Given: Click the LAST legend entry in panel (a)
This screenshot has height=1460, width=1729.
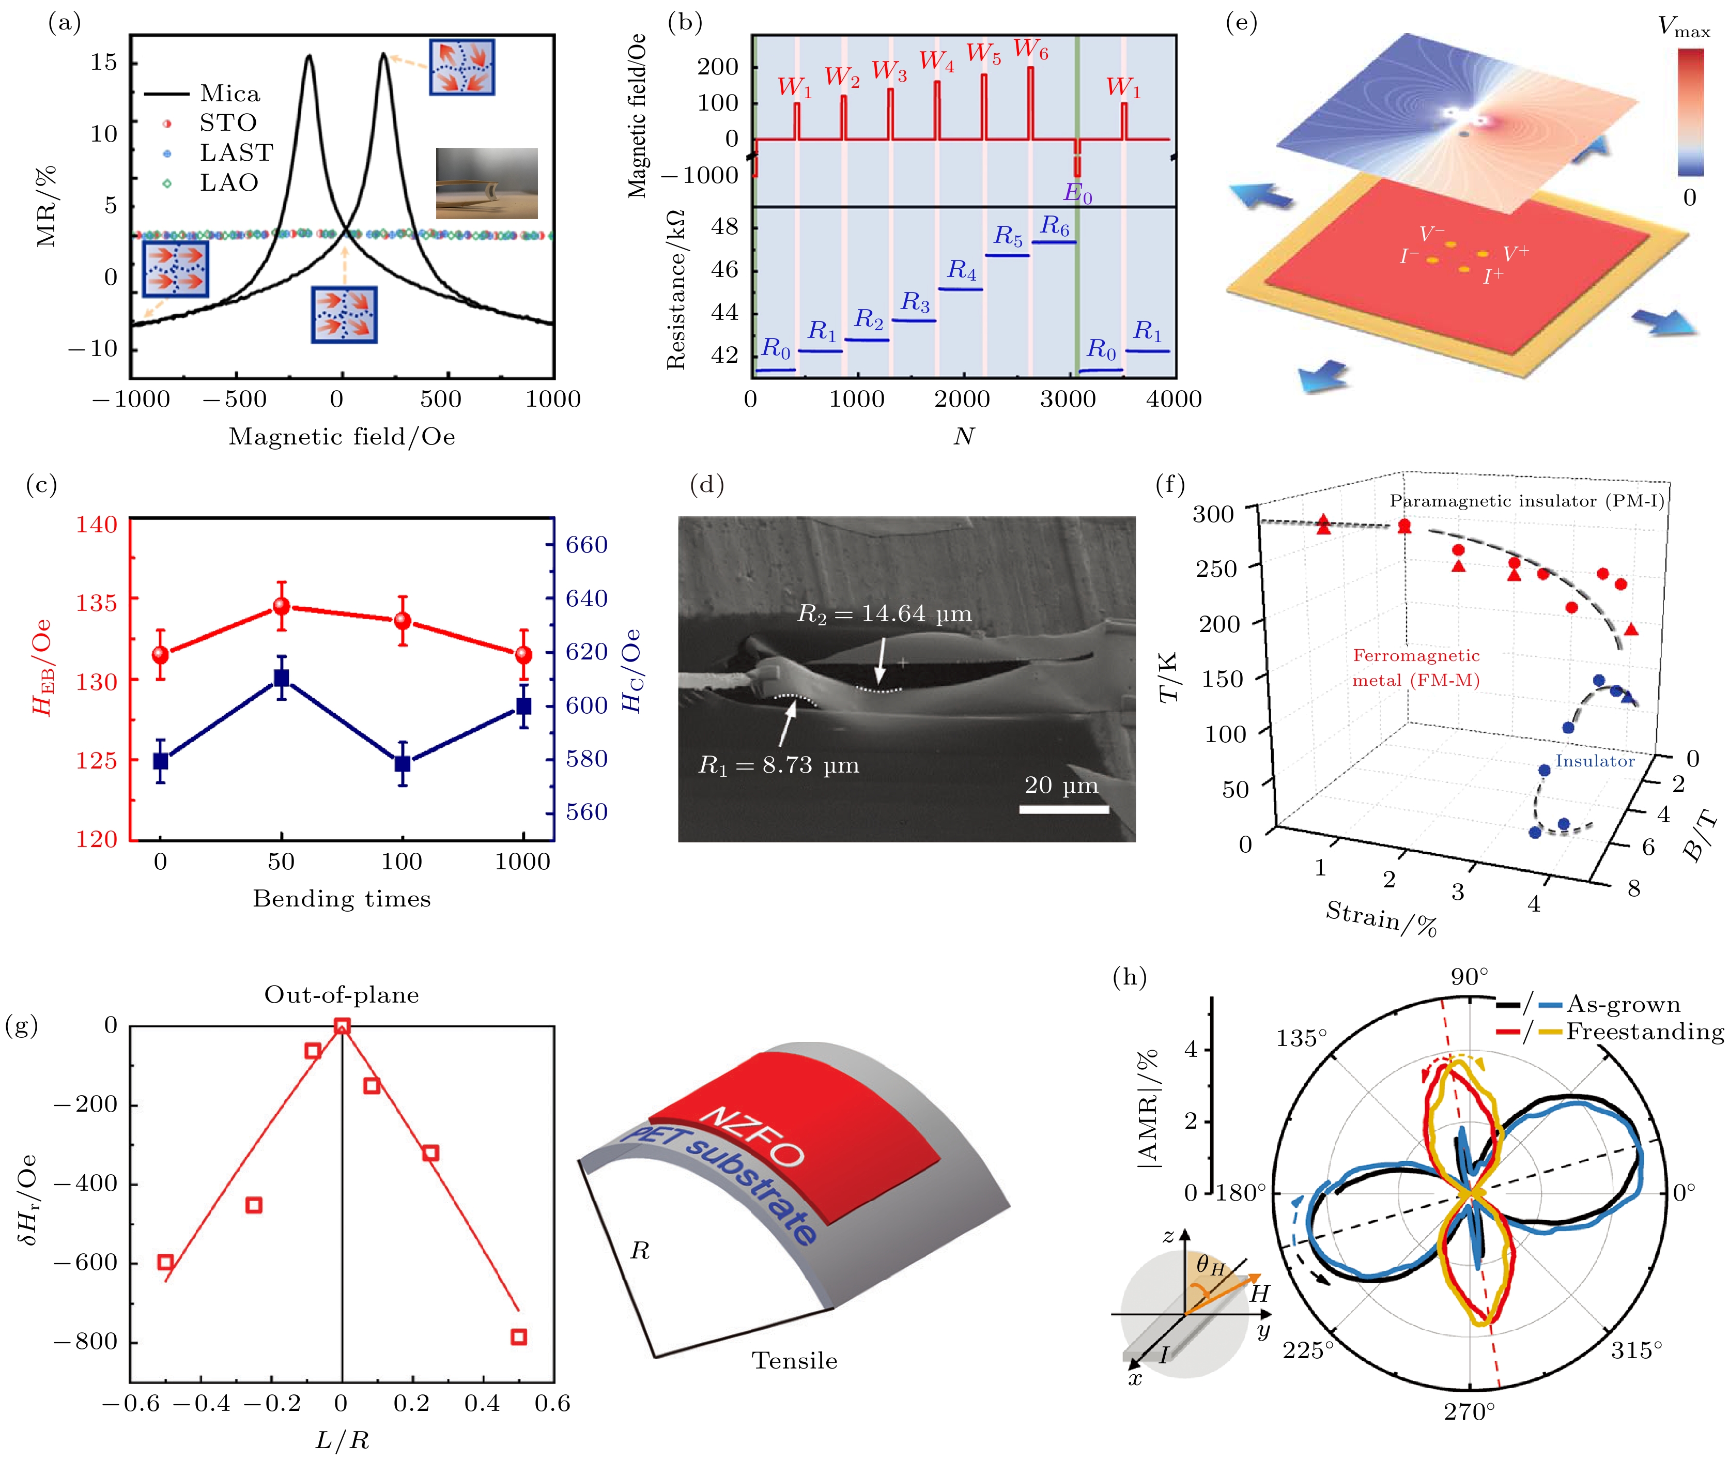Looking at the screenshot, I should pos(236,153).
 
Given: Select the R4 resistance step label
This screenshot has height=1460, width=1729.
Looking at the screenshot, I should pos(962,270).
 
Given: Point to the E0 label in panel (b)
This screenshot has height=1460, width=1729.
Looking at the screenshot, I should pos(1077,193).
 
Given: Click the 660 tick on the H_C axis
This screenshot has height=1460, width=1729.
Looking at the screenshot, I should pos(586,545).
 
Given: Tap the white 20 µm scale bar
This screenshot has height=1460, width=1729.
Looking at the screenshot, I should pos(1063,809).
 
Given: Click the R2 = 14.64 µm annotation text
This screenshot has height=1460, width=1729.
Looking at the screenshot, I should pos(884,614).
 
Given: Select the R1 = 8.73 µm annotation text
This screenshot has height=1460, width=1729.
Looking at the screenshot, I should pos(779,765).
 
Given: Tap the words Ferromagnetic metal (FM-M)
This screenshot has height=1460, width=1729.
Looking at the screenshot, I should pos(1415,668).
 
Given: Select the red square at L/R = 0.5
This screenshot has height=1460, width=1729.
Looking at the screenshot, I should pos(519,1336).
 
